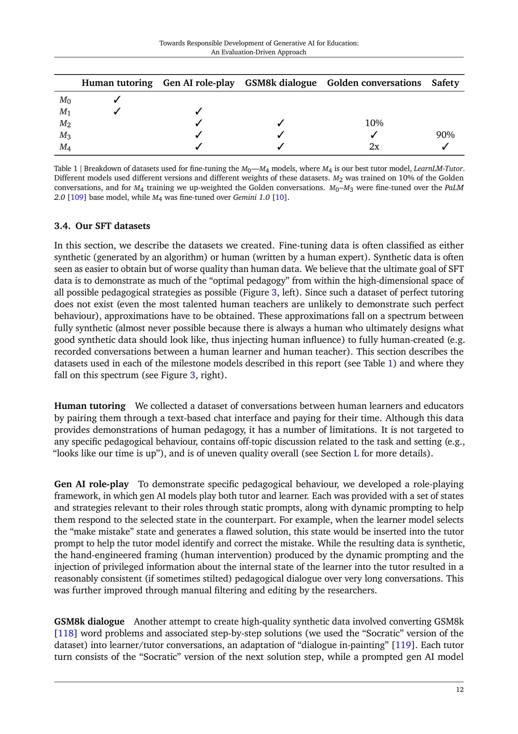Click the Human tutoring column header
point(117,83)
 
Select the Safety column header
point(445,83)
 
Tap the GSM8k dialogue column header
point(280,83)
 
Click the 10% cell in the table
point(374,123)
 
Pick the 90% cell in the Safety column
point(445,135)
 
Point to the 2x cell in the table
point(374,147)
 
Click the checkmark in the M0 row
point(117,100)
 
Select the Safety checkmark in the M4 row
point(445,147)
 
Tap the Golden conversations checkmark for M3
point(374,135)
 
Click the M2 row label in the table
point(65,124)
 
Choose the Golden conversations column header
point(374,83)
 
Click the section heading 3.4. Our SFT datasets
point(102,226)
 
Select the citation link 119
point(403,645)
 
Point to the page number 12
point(460,690)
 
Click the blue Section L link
point(356,454)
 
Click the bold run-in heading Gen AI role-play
point(91,484)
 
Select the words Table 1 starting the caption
point(66,169)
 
